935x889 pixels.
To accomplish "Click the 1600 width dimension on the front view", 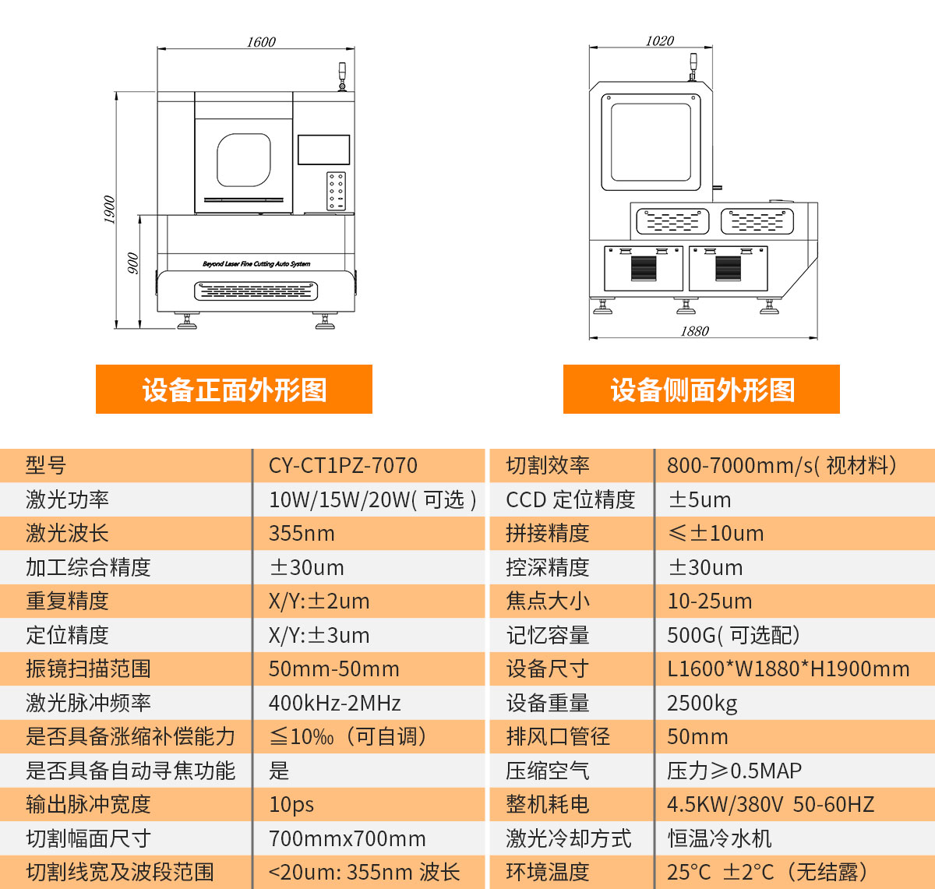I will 261,42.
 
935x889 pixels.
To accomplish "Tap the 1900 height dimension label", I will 109,210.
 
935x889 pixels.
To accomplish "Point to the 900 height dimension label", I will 132,263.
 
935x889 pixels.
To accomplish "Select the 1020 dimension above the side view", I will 659,41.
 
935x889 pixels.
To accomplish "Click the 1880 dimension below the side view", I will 694,331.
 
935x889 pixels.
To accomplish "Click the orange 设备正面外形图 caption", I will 234,390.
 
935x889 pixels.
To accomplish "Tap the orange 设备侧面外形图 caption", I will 701,390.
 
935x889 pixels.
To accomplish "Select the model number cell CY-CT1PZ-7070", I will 343,466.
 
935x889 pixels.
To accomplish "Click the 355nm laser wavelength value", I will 302,534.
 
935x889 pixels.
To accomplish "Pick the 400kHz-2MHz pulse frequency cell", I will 334,703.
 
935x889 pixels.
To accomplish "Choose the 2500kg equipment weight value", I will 702,703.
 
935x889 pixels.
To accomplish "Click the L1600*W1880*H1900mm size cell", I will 788,669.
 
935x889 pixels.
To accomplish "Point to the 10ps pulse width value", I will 291,805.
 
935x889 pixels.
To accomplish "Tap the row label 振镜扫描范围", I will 88,669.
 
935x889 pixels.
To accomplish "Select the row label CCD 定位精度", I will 570,500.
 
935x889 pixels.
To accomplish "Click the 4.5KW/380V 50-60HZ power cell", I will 771,805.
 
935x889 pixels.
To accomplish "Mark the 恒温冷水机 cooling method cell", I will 719,838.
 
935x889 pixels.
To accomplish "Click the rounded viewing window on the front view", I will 244,161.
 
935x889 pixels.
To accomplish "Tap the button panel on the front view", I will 336,191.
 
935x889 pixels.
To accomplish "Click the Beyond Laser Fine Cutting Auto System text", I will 256,264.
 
